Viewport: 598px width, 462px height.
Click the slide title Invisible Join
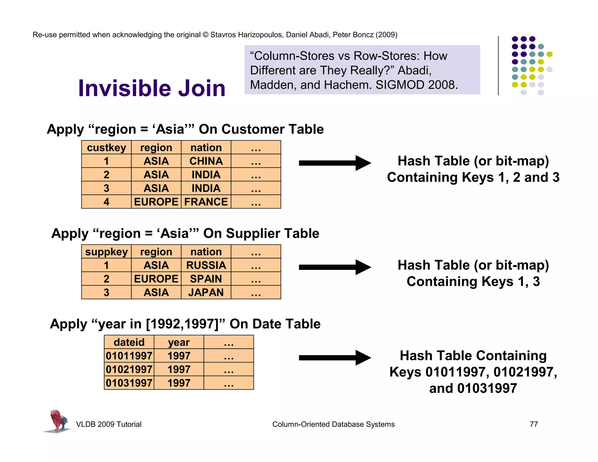pos(152,88)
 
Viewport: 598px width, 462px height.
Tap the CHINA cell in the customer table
pos(206,161)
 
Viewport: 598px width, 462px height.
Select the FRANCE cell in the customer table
pos(206,202)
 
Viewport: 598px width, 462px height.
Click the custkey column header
pos(106,147)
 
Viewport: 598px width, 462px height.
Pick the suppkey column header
pos(106,252)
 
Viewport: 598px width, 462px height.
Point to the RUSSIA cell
pos(206,265)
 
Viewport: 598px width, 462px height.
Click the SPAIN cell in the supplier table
pos(206,279)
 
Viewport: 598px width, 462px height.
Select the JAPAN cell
pos(206,292)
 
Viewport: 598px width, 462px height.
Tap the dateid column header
pos(129,342)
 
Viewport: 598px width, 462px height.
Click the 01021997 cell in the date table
pos(129,369)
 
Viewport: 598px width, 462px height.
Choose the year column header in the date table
pos(179,342)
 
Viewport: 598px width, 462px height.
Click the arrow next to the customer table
pos(334,163)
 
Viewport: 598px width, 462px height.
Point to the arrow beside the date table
pos(334,358)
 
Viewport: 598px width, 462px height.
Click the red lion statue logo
pos(58,421)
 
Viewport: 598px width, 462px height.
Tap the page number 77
pos(533,424)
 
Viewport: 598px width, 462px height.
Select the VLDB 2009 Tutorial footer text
pos(109,424)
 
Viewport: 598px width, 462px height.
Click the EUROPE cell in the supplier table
pos(156,279)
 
